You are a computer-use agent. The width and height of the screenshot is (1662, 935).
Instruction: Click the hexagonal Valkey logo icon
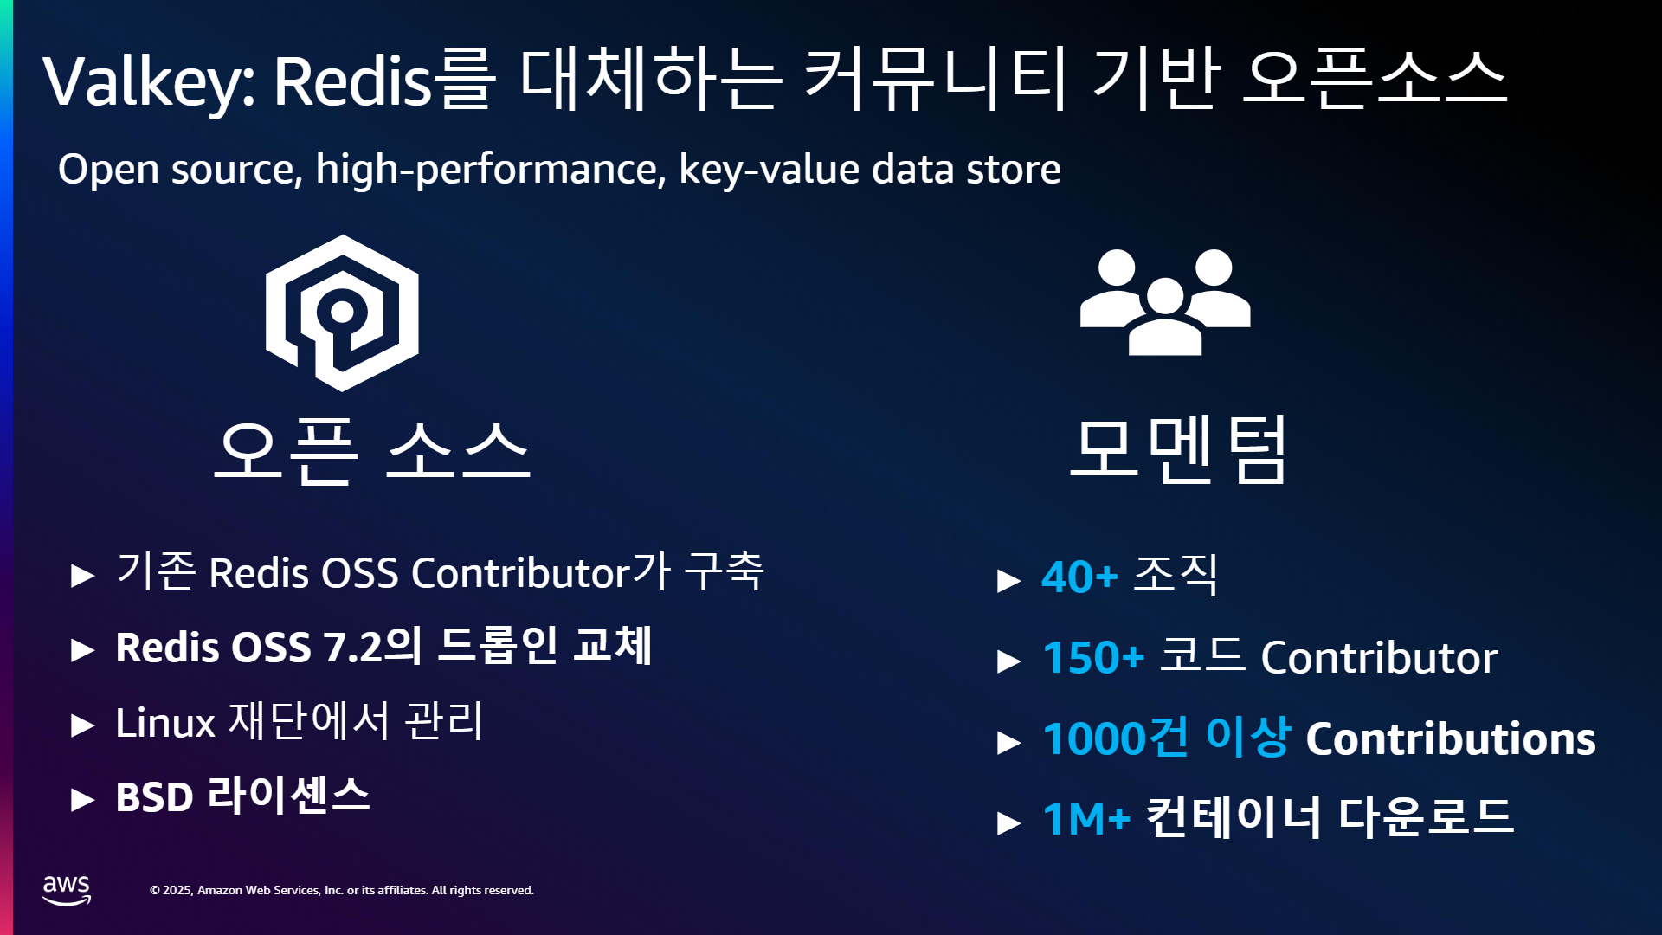coord(342,313)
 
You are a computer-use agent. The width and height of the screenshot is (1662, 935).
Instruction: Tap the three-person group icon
coord(1165,302)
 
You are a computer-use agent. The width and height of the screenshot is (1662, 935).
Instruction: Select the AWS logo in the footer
coord(67,890)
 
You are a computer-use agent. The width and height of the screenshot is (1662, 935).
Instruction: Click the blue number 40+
coord(1079,577)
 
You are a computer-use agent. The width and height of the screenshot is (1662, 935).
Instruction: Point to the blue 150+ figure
coord(1093,657)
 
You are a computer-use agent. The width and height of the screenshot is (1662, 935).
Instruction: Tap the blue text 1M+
coord(1086,819)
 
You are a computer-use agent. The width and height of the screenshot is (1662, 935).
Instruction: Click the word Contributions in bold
coord(1451,738)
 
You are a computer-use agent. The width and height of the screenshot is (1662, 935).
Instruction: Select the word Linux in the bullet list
coord(165,722)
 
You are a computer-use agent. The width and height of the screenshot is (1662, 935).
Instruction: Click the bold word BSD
coord(154,797)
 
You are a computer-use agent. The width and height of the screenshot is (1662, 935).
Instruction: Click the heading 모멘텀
coord(1178,449)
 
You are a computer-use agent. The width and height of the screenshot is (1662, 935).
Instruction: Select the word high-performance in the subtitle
coord(491,169)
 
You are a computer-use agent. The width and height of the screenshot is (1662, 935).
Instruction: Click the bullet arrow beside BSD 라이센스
coord(83,799)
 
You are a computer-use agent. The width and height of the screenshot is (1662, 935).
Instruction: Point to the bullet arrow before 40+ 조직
coord(1009,580)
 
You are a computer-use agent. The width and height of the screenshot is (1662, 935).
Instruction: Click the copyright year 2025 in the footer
coord(177,890)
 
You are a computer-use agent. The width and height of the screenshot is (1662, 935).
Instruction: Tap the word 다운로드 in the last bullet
coord(1426,816)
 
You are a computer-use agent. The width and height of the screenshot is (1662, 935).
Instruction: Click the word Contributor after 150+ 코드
coord(1379,657)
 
